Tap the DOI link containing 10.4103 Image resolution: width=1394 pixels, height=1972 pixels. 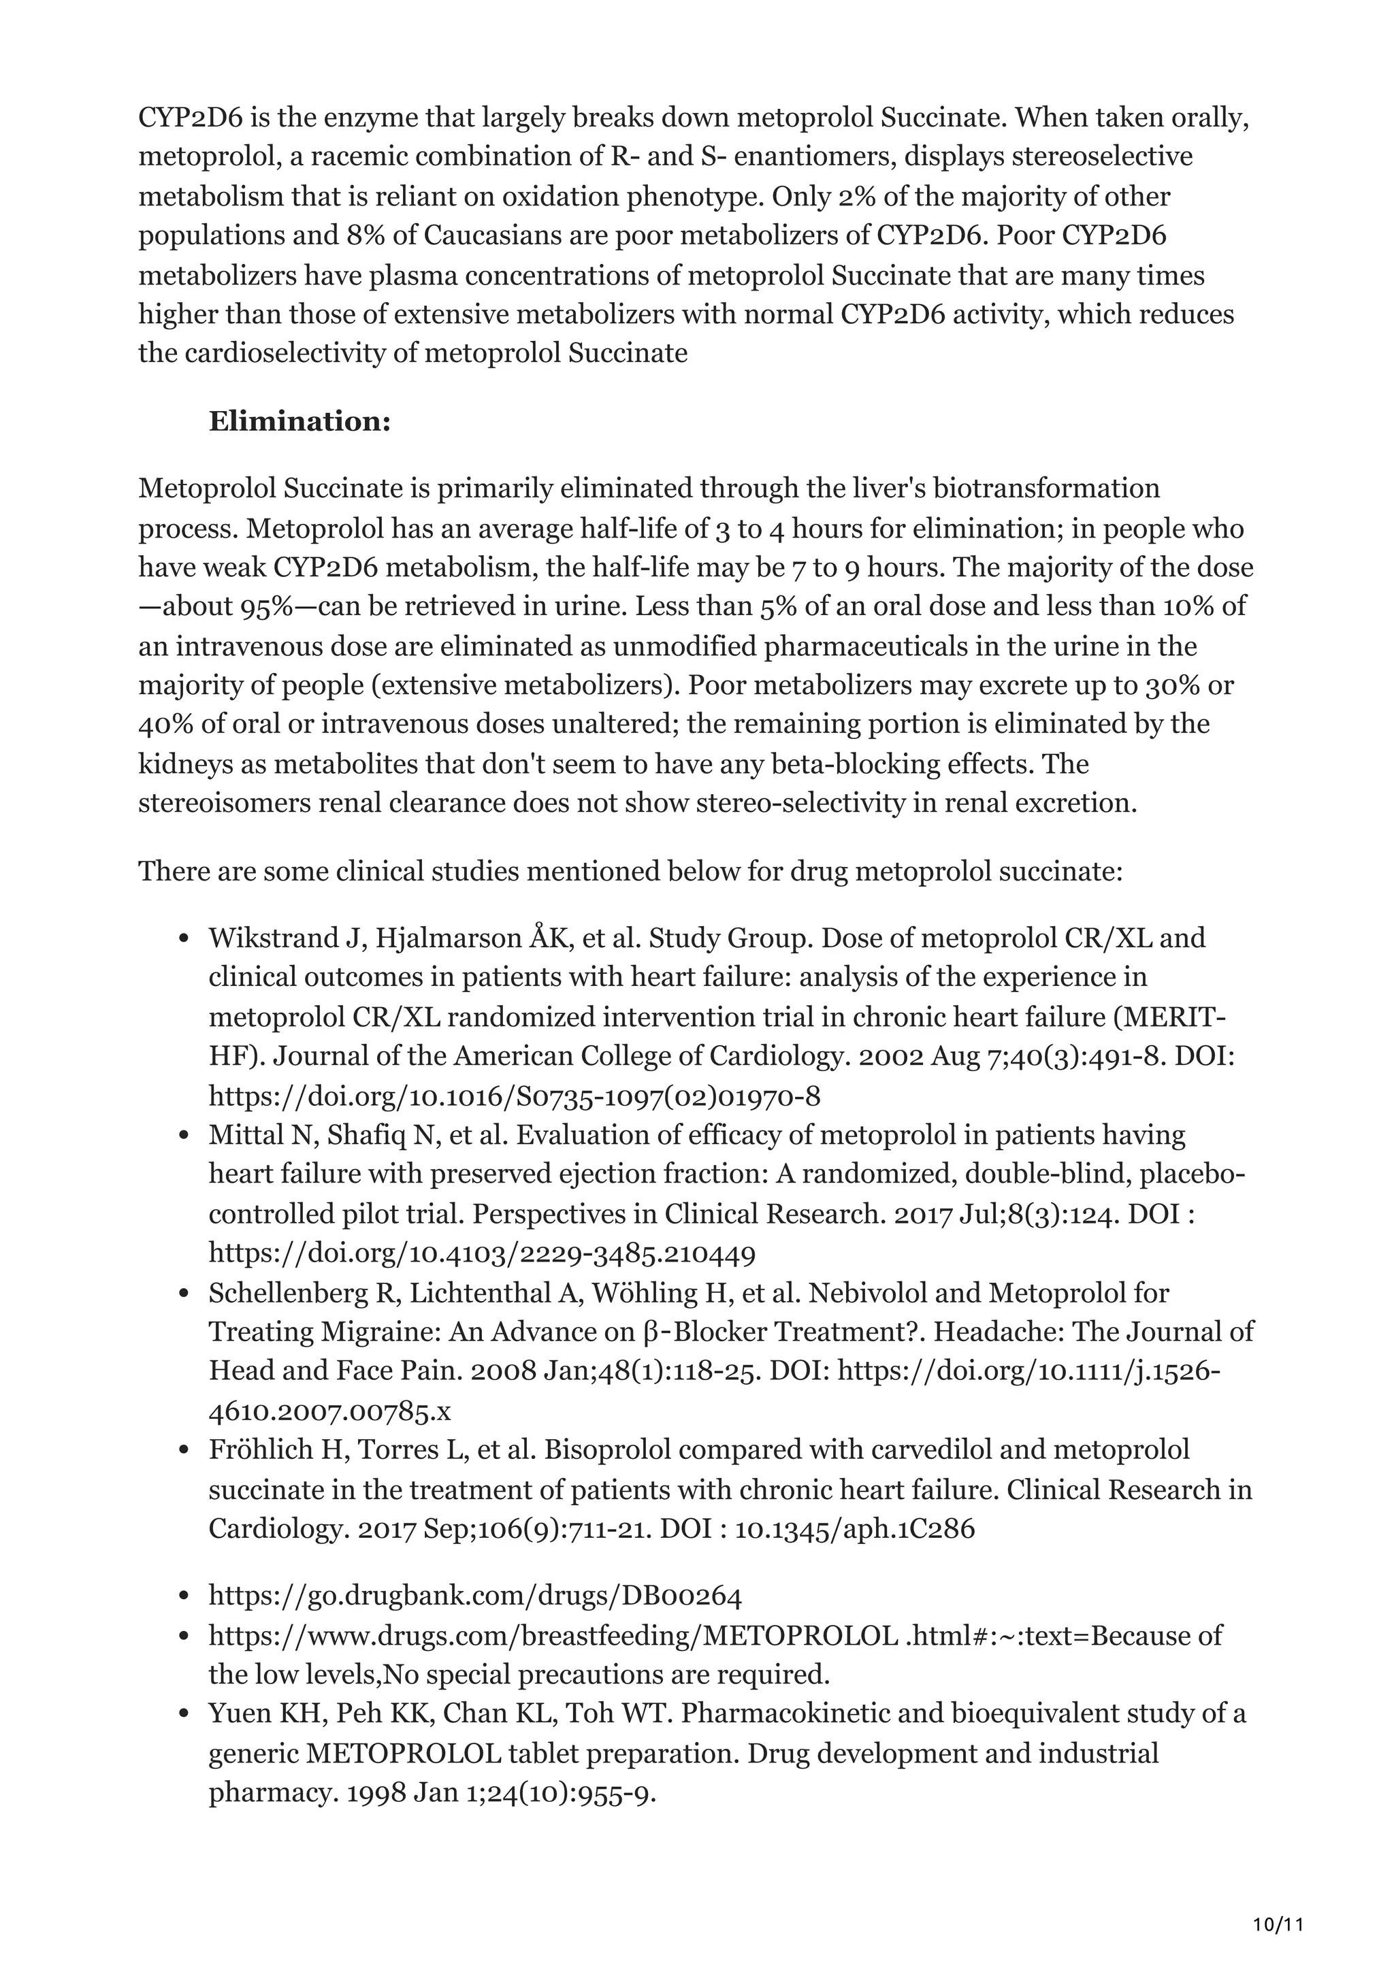482,1254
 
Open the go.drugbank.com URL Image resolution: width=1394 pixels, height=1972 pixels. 475,1596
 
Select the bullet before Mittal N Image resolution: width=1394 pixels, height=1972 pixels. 183,1136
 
